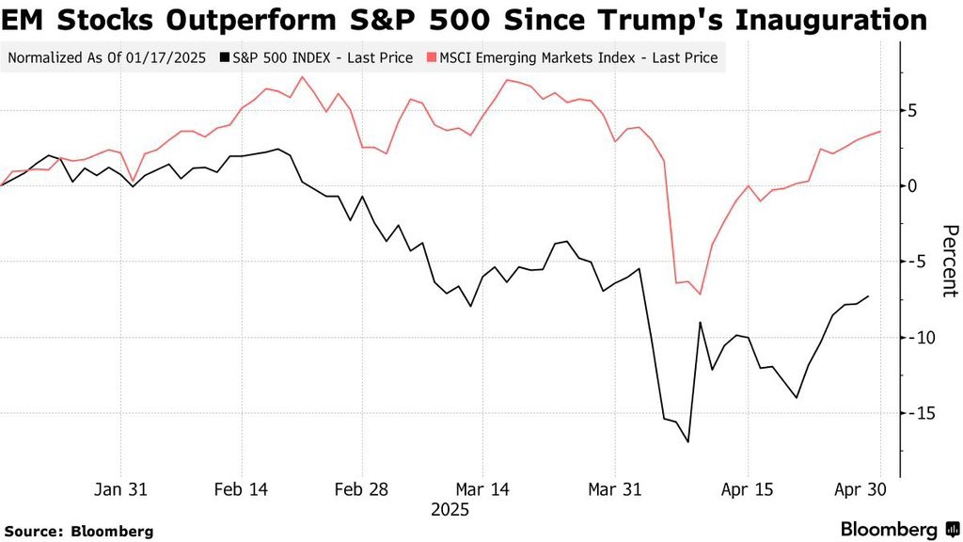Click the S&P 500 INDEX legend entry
coord(316,57)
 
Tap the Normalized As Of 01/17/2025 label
coord(107,57)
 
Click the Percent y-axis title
coord(950,261)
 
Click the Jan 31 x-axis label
coord(121,489)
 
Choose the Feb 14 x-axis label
coord(242,489)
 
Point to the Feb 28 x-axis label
coord(362,489)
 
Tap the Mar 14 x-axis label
coord(481,489)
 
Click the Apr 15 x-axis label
coord(748,489)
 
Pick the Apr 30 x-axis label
coord(860,489)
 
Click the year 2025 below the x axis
coord(450,510)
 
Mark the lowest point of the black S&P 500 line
coord(688,441)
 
